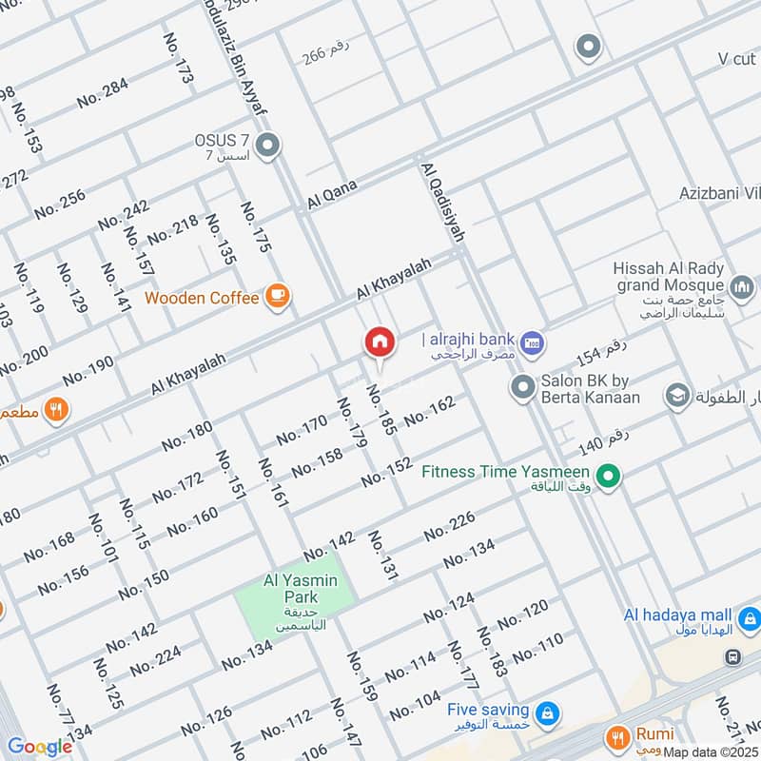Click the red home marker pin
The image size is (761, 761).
coord(379,342)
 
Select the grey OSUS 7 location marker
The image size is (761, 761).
coord(269,146)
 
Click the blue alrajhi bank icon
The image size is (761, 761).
coord(533,341)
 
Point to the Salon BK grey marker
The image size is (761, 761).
coord(522,387)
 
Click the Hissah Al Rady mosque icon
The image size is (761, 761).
coord(742,284)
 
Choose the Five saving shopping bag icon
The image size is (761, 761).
coord(547,712)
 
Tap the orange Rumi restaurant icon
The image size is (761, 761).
coord(618,736)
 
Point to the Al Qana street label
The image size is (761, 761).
coord(331,195)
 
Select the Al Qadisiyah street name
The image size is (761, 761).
coord(439,205)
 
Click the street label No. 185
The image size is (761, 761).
coord(380,410)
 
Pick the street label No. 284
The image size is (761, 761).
coord(102,92)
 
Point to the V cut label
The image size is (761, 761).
coord(737,59)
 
